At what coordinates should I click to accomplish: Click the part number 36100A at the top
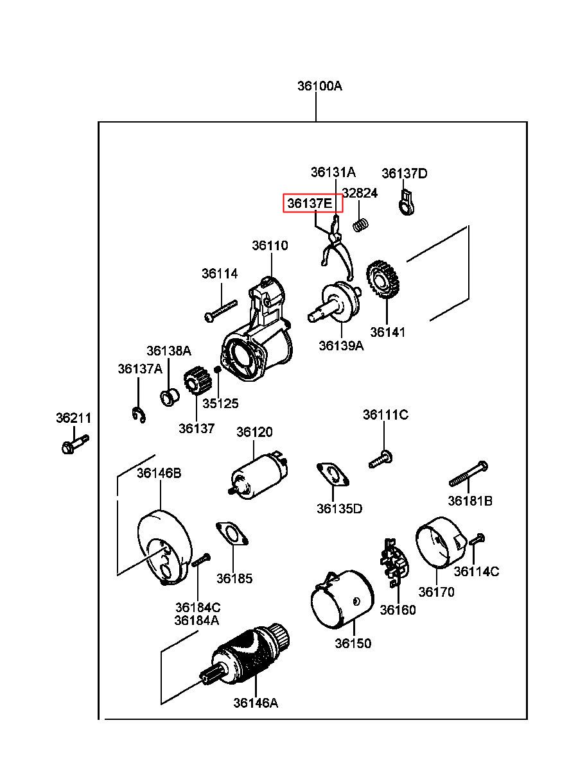[x=319, y=86]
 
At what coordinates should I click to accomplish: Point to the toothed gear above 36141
[x=383, y=278]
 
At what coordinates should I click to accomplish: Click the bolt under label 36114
[x=221, y=311]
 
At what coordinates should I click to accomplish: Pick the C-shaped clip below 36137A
[x=139, y=415]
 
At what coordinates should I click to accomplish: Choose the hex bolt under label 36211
[x=75, y=445]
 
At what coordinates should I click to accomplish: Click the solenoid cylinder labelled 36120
[x=259, y=475]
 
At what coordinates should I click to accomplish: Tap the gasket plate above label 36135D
[x=333, y=475]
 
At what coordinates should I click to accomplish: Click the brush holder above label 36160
[x=394, y=562]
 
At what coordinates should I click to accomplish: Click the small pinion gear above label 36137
[x=197, y=380]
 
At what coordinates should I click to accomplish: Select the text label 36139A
[x=341, y=345]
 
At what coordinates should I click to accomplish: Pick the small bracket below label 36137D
[x=406, y=202]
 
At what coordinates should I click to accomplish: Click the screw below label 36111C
[x=381, y=459]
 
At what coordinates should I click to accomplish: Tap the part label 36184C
[x=198, y=608]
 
